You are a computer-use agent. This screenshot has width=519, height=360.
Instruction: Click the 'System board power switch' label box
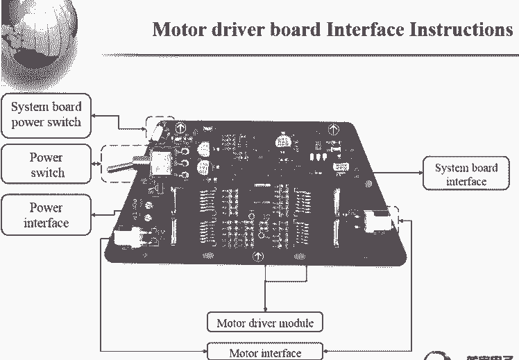[x=46, y=114]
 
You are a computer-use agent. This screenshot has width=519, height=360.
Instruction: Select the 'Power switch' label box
[x=46, y=164]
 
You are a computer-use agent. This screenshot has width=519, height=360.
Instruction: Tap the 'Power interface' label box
[x=46, y=215]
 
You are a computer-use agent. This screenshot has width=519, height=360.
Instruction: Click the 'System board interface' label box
[x=466, y=174]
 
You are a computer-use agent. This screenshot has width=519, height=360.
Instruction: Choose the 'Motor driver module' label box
[x=265, y=323]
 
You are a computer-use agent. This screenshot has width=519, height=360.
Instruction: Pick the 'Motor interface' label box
[x=265, y=352]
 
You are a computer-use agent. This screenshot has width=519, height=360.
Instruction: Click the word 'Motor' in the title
[x=180, y=30]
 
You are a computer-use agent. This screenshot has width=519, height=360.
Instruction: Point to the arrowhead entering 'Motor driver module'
[x=265, y=309]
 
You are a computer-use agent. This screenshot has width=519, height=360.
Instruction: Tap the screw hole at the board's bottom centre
[x=259, y=257]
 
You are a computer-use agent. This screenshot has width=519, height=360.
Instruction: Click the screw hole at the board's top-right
[x=332, y=129]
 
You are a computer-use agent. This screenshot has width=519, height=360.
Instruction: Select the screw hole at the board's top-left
[x=179, y=128]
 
